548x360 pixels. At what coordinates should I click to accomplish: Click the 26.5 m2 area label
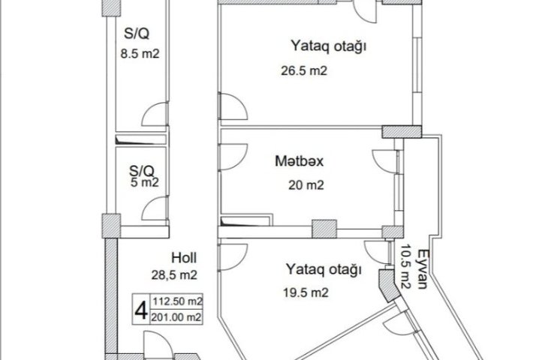(x=304, y=71)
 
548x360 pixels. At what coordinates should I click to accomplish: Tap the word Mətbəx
(x=300, y=161)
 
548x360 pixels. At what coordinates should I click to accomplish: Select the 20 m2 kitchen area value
(x=306, y=184)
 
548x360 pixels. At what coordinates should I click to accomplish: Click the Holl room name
(x=184, y=258)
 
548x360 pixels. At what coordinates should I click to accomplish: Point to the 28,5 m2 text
(x=174, y=275)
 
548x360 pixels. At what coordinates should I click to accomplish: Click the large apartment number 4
(x=141, y=310)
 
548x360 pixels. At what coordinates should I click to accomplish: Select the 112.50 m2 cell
(x=176, y=301)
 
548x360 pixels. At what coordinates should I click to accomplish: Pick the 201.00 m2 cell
(x=176, y=317)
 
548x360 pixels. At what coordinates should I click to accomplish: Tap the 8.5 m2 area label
(x=140, y=54)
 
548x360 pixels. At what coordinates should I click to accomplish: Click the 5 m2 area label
(x=145, y=182)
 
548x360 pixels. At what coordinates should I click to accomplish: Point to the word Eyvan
(x=423, y=268)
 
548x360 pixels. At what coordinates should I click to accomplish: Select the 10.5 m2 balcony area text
(x=406, y=267)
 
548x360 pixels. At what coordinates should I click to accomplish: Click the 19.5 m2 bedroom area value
(x=306, y=292)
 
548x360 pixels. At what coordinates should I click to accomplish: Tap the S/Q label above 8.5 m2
(x=137, y=34)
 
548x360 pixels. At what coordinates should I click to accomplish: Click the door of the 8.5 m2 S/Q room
(x=155, y=114)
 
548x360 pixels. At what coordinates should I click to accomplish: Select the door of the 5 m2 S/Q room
(x=155, y=208)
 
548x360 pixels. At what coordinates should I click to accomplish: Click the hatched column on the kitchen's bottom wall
(x=324, y=229)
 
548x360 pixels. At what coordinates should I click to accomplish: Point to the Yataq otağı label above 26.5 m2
(x=329, y=46)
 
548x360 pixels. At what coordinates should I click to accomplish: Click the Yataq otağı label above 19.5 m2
(x=324, y=269)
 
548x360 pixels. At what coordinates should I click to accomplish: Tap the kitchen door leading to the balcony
(x=386, y=162)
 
